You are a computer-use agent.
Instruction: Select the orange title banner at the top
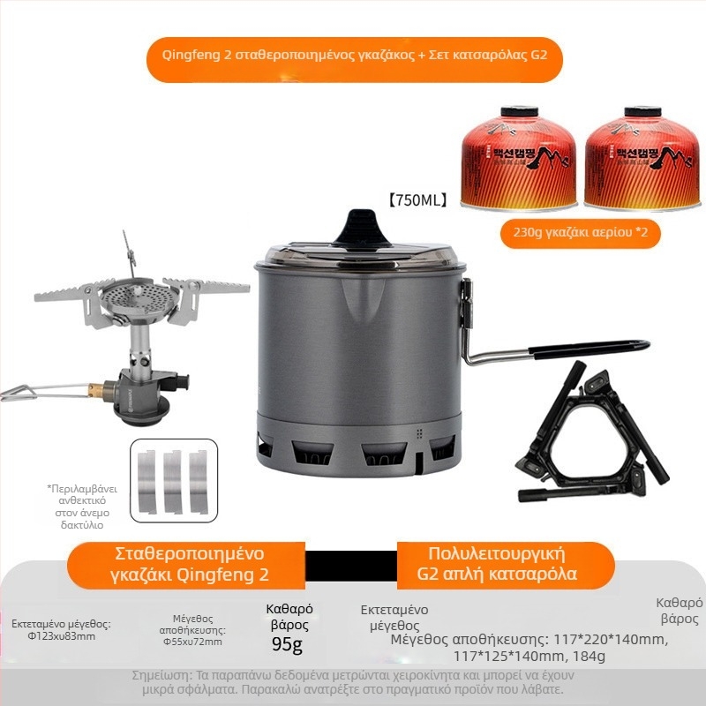[x=353, y=54]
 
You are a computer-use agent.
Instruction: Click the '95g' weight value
[x=288, y=645]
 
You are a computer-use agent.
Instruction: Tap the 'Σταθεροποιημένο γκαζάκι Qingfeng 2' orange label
[x=189, y=565]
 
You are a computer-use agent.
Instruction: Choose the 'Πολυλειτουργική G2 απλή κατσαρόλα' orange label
[x=504, y=565]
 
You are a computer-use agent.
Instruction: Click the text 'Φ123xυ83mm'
[x=61, y=635]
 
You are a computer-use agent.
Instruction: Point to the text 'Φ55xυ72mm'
[x=192, y=642]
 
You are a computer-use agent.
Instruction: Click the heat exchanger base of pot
[x=362, y=446]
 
